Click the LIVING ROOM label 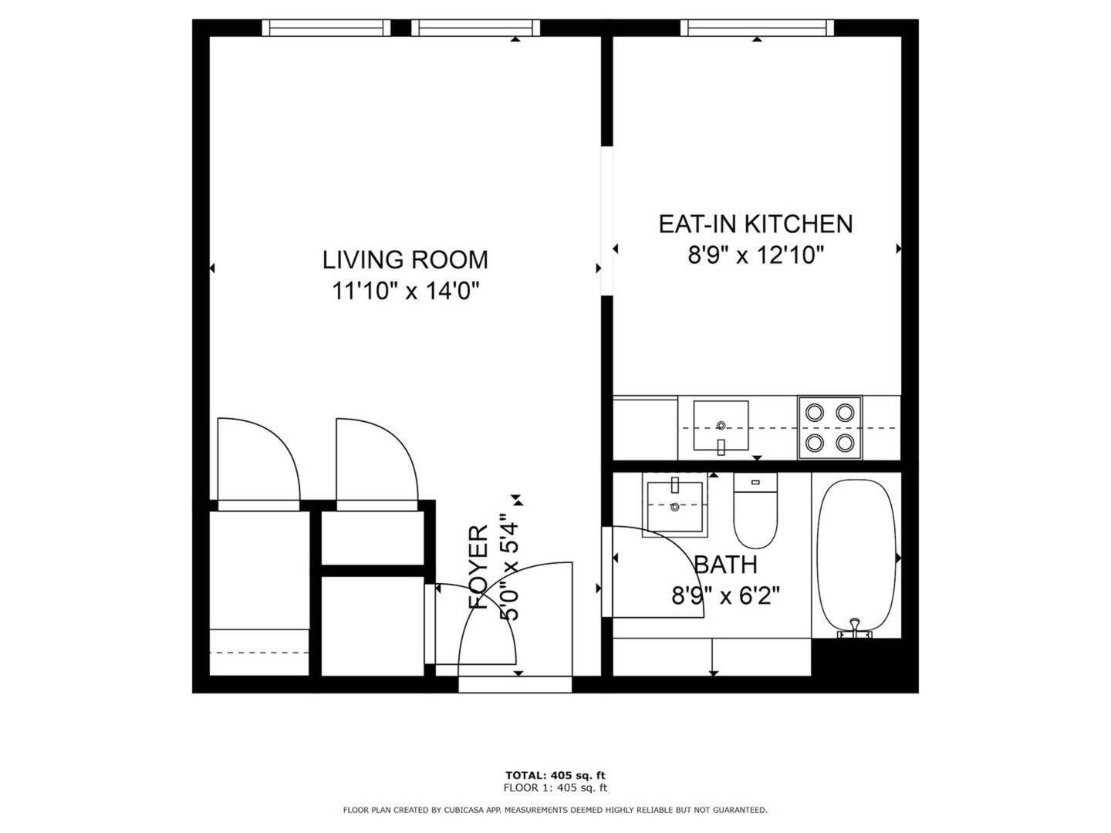[405, 260]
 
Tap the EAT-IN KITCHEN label [755, 224]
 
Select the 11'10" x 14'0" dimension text [405, 292]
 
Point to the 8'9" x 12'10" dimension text [755, 255]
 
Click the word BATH [725, 565]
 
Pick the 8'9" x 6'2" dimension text [725, 595]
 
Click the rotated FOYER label [478, 567]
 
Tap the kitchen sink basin [721, 425]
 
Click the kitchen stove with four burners [829, 428]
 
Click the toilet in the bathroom [755, 511]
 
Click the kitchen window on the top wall [757, 29]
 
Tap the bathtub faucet [855, 628]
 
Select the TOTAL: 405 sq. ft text [555, 775]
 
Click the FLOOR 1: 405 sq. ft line [555, 787]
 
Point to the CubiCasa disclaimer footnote [555, 810]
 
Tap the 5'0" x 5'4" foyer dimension [510, 567]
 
